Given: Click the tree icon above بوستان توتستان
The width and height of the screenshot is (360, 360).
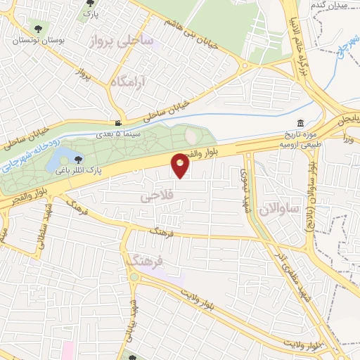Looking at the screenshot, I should click(x=37, y=30).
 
